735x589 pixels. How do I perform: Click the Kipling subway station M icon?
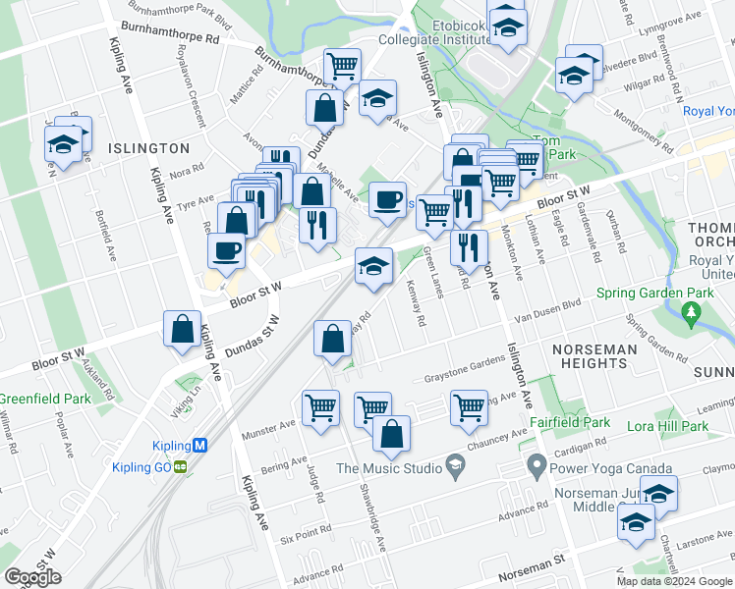201,445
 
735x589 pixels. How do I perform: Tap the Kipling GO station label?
141,467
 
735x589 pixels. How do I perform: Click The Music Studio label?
389,468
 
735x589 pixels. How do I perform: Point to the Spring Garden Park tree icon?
692,313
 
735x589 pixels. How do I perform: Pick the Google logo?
32,577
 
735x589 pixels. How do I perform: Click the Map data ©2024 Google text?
673,581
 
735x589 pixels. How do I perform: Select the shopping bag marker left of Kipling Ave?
183,331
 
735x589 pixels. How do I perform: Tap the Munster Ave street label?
272,425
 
